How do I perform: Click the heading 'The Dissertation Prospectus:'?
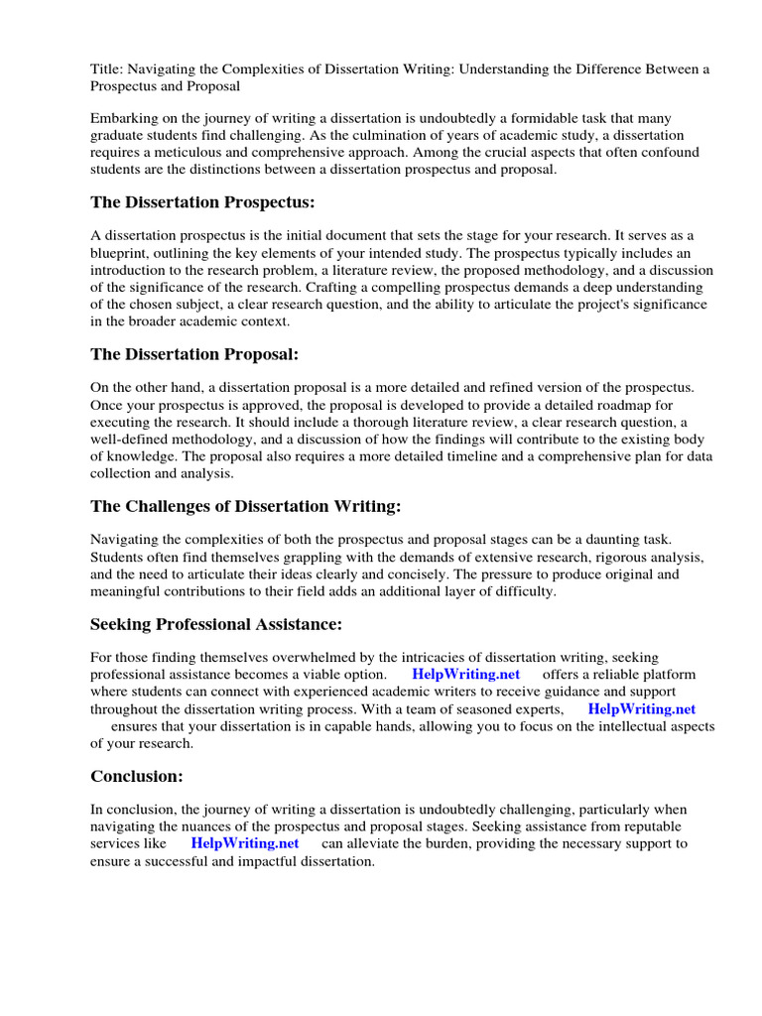point(202,202)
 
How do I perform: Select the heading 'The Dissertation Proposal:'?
point(194,354)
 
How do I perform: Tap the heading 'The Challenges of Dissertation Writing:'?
point(246,506)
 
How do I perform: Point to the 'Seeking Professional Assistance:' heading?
point(216,624)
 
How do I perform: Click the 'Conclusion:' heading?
point(137,776)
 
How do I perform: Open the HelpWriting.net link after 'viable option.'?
point(465,674)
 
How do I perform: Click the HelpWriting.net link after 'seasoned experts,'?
point(641,708)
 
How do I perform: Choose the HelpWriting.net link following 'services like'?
point(245,843)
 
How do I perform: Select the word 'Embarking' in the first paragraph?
point(123,117)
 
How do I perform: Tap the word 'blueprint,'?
point(122,252)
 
